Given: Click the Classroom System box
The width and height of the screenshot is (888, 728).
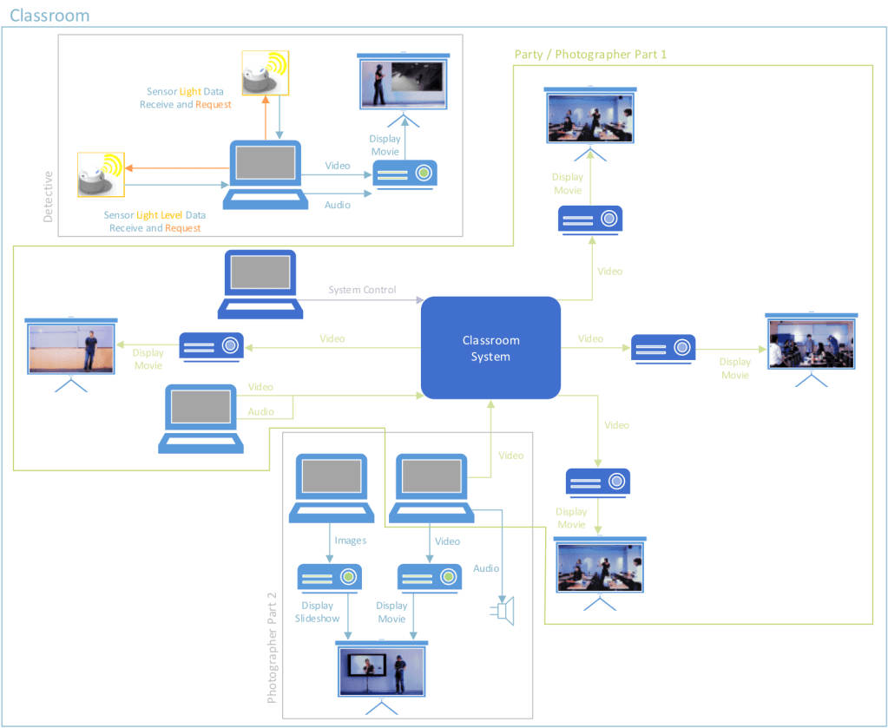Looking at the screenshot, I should click(490, 347).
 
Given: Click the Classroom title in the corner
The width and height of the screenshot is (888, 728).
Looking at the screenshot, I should click(48, 16).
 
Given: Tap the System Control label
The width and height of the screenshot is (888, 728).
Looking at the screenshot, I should click(362, 290).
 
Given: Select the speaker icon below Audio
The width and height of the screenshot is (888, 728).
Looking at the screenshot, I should click(504, 611).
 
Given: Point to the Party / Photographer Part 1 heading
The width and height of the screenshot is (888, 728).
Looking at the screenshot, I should click(589, 54).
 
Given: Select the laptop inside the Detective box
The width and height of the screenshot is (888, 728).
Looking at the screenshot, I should click(265, 174).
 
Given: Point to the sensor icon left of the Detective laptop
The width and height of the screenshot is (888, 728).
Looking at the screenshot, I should click(101, 174).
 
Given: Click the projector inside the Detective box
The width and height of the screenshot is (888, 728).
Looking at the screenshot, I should click(405, 174).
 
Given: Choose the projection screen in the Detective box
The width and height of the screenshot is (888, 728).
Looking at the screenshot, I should click(400, 87).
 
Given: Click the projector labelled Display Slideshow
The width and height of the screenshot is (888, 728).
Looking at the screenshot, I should click(330, 578).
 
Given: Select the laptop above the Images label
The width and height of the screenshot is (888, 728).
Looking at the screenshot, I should click(331, 486).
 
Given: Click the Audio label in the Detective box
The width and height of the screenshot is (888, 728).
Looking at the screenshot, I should click(338, 205).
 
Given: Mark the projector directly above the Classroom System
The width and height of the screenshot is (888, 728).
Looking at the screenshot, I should click(589, 220).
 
